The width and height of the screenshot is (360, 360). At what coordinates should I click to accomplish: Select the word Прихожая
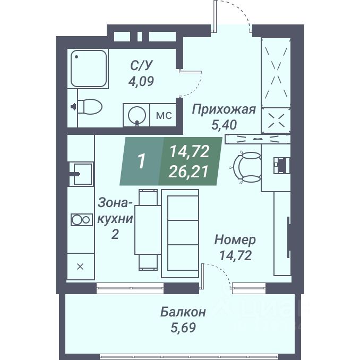[224, 109]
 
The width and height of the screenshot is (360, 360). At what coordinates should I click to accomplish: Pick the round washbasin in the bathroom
[138, 115]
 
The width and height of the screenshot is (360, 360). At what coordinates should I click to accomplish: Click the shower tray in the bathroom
[88, 70]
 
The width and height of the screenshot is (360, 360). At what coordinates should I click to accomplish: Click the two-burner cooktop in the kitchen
[80, 219]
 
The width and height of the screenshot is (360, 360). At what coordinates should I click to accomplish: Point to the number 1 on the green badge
[141, 161]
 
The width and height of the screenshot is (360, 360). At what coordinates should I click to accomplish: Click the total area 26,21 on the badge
[189, 170]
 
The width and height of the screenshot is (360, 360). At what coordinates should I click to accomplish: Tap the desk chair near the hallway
[247, 166]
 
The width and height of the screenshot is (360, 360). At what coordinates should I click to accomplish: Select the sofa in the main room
[179, 234]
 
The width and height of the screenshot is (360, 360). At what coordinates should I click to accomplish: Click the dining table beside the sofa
[147, 228]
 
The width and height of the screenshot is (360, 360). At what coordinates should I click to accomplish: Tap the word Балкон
[183, 311]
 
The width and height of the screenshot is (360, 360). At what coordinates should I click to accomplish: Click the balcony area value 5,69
[183, 327]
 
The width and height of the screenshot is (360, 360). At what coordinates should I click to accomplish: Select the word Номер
[235, 240]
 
